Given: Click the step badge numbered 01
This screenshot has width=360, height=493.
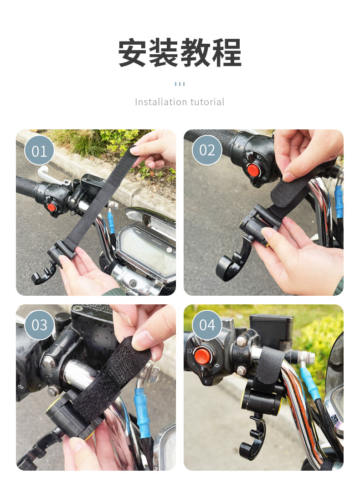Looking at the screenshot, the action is [39, 150].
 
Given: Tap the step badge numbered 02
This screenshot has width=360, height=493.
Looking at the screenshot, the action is [207, 150].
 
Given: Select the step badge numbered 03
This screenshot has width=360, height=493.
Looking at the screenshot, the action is [39, 325].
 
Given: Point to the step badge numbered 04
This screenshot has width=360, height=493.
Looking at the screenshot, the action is [207, 325].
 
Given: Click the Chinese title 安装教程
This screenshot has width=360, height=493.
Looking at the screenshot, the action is [180, 52].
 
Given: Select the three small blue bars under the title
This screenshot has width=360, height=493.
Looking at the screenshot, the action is [180, 84].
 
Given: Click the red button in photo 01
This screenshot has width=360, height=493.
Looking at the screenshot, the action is [51, 207].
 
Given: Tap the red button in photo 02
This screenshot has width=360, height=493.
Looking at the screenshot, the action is [253, 170].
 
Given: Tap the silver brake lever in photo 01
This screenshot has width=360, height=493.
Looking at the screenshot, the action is [52, 175].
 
